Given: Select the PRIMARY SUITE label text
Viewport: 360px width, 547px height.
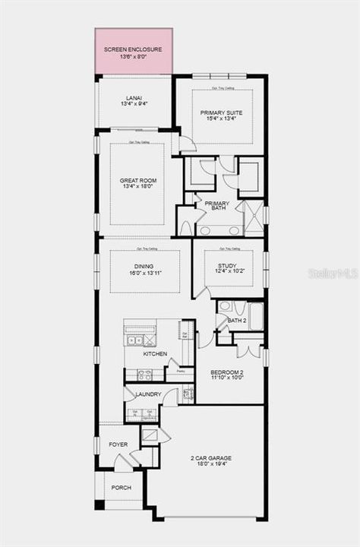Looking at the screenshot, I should (x=219, y=112).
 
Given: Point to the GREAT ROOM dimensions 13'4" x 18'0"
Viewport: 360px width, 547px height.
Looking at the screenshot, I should (x=137, y=187).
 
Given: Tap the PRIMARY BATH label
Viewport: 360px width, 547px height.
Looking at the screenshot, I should (x=216, y=207).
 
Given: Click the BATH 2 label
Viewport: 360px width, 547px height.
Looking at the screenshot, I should (x=237, y=321).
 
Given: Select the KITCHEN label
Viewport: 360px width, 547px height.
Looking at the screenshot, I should (x=156, y=354).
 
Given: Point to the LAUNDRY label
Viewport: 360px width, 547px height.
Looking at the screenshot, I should (x=147, y=395).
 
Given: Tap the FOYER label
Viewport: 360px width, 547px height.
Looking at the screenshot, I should (x=118, y=444).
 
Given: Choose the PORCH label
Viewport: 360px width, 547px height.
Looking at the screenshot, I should (x=121, y=488).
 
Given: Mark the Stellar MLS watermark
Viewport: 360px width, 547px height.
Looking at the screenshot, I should (x=333, y=273).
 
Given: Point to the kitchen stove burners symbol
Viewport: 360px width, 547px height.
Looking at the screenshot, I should (x=144, y=375).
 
